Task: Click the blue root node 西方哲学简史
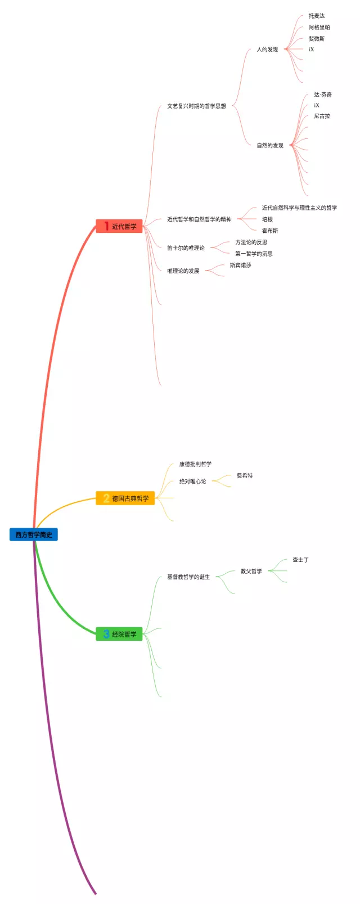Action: (34, 534)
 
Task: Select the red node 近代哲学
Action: (119, 226)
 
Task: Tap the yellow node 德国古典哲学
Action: (125, 498)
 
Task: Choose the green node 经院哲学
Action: (119, 634)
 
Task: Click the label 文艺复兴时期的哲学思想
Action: (196, 106)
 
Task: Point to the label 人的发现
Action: (267, 50)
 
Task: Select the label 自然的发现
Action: (270, 145)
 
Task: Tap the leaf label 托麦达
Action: (317, 16)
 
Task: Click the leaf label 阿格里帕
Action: (319, 27)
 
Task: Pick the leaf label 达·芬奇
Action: (323, 95)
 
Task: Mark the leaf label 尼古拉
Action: (322, 116)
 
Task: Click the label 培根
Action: (267, 219)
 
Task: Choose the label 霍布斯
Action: (270, 231)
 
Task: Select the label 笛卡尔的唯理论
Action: (186, 248)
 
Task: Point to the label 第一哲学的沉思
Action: (254, 254)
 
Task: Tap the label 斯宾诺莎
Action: (240, 265)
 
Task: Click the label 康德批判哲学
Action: (195, 464)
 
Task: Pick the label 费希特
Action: (245, 475)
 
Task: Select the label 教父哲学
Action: (251, 571)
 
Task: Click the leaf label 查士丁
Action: (300, 560)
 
